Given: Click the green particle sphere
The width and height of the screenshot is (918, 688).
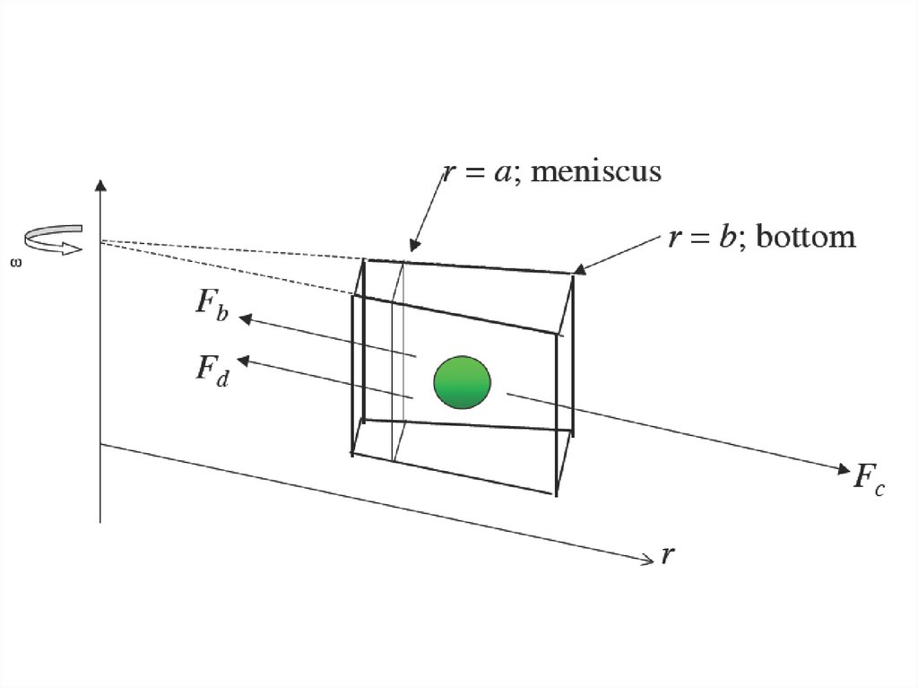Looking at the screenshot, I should tap(463, 381).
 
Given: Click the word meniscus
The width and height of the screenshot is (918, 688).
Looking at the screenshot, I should tap(596, 170).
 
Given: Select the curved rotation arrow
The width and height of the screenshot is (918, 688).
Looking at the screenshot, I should tap(52, 239).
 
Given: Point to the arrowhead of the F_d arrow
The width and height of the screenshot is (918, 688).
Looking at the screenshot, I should tap(244, 360).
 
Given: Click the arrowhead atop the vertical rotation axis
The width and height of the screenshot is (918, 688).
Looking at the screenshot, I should tap(100, 186).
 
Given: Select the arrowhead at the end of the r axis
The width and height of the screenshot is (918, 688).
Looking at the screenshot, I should tap(648, 561).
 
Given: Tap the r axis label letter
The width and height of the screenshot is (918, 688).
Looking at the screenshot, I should tap(667, 556).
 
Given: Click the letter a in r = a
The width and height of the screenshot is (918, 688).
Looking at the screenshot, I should tap(502, 171).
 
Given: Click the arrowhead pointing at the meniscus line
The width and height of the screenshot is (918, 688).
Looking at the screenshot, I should tap(414, 246).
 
